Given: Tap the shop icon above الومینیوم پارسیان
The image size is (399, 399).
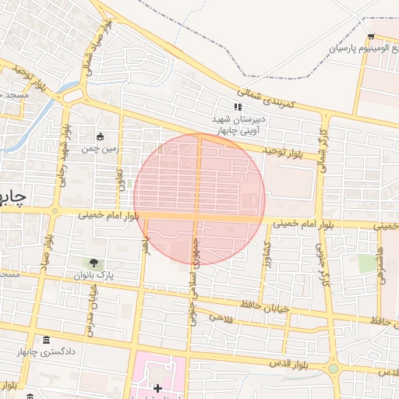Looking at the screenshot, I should pos(371,37).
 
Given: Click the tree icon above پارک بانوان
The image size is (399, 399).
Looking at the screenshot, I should pos(94,263).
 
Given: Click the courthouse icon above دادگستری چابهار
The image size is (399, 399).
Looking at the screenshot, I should pos(45,341).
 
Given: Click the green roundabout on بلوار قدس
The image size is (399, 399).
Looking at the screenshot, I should pos(333,369).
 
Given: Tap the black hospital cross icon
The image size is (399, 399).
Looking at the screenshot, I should pos(157,387).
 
